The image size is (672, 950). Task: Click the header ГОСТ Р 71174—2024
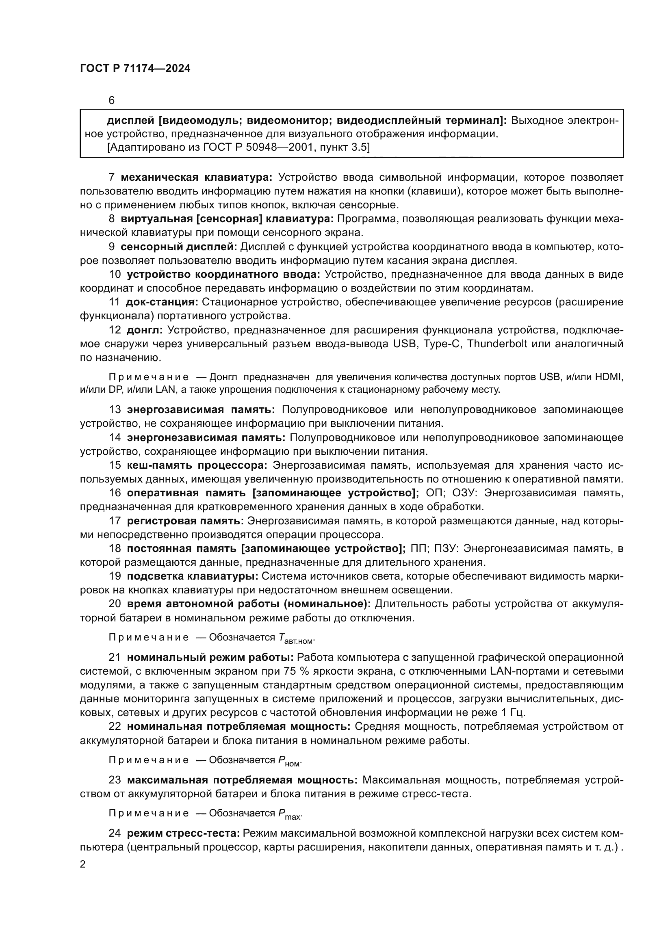[x=135, y=69]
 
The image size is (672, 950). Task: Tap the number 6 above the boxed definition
[x=111, y=101]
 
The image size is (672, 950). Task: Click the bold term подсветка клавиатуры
[x=193, y=576]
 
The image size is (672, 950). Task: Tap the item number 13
[x=115, y=410]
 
